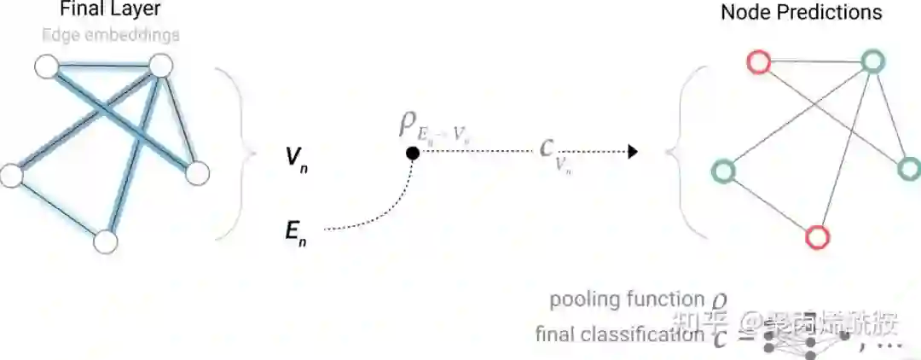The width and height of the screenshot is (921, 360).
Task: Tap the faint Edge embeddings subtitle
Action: [110, 35]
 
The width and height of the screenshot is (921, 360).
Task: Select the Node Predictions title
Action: [801, 12]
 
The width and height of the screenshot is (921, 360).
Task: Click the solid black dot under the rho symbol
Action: [412, 153]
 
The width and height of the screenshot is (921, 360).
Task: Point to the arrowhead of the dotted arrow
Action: [632, 152]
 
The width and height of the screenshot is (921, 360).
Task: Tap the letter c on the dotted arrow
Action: [547, 148]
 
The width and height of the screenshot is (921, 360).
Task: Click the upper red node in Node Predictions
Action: [758, 62]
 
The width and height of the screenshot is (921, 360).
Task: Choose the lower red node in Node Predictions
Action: [817, 236]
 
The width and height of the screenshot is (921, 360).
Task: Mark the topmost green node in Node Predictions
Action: [871, 61]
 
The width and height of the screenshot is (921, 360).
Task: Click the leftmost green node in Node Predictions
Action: [724, 171]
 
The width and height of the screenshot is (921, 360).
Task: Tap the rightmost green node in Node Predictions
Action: [909, 168]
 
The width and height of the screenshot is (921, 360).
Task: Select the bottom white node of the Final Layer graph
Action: [105, 241]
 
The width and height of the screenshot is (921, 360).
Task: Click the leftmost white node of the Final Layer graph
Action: [10, 175]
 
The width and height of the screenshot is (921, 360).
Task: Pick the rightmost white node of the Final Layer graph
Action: [197, 173]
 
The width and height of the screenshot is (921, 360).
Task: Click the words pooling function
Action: [626, 299]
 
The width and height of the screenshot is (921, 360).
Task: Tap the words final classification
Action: [620, 334]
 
